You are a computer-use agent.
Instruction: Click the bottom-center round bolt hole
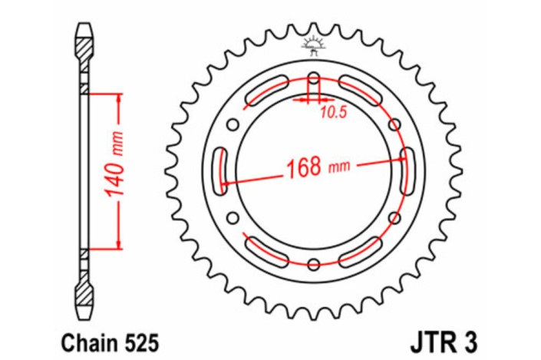pos(313,265)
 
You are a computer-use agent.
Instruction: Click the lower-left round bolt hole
pos(233,219)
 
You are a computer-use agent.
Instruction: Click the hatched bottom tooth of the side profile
pos(86,296)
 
